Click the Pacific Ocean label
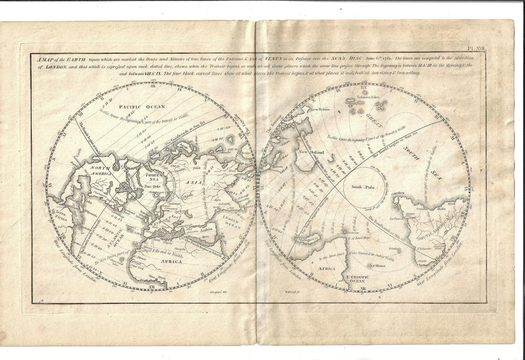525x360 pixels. tap(142, 107)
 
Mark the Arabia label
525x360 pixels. tap(209, 230)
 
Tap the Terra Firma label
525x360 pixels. tap(61, 213)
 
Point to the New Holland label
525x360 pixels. tap(311, 152)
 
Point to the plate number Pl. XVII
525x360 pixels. tap(475, 49)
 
